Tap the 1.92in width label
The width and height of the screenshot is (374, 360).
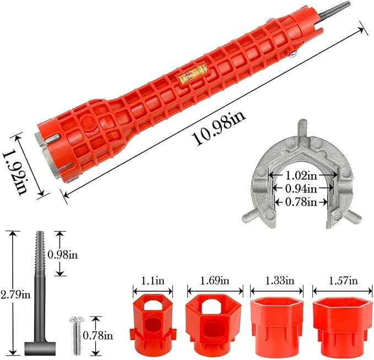(15, 173)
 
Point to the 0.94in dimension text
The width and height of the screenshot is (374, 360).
(301, 189)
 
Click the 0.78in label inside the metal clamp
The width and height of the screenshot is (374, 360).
(301, 202)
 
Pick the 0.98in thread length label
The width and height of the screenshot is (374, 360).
(63, 255)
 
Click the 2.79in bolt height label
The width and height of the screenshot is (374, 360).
(15, 295)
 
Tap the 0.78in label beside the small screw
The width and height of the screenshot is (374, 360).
(98, 336)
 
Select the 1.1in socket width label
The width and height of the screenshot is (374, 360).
(153, 281)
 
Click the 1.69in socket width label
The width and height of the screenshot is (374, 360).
(214, 281)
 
